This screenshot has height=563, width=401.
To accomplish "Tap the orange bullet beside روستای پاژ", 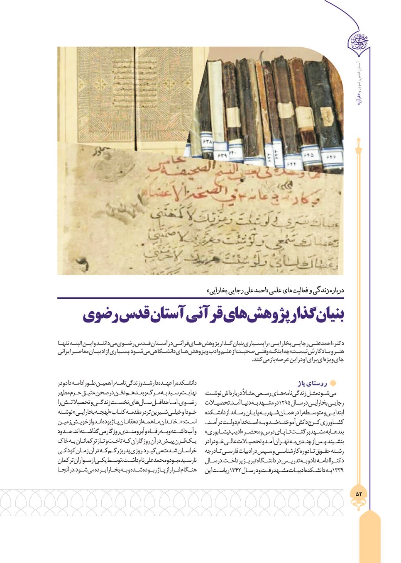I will coord(332,383).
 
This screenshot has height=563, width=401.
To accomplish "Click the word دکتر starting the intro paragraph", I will coord(338,344).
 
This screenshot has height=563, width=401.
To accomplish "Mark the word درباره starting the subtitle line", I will coord(335,290).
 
